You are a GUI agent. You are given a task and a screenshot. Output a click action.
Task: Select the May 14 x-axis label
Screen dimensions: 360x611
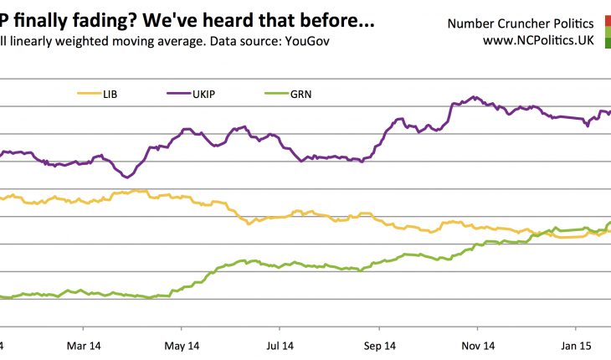(x=182, y=345)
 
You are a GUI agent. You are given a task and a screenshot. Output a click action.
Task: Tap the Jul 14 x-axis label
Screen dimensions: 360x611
(x=280, y=345)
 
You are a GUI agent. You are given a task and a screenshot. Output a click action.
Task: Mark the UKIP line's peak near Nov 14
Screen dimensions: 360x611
(x=475, y=97)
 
